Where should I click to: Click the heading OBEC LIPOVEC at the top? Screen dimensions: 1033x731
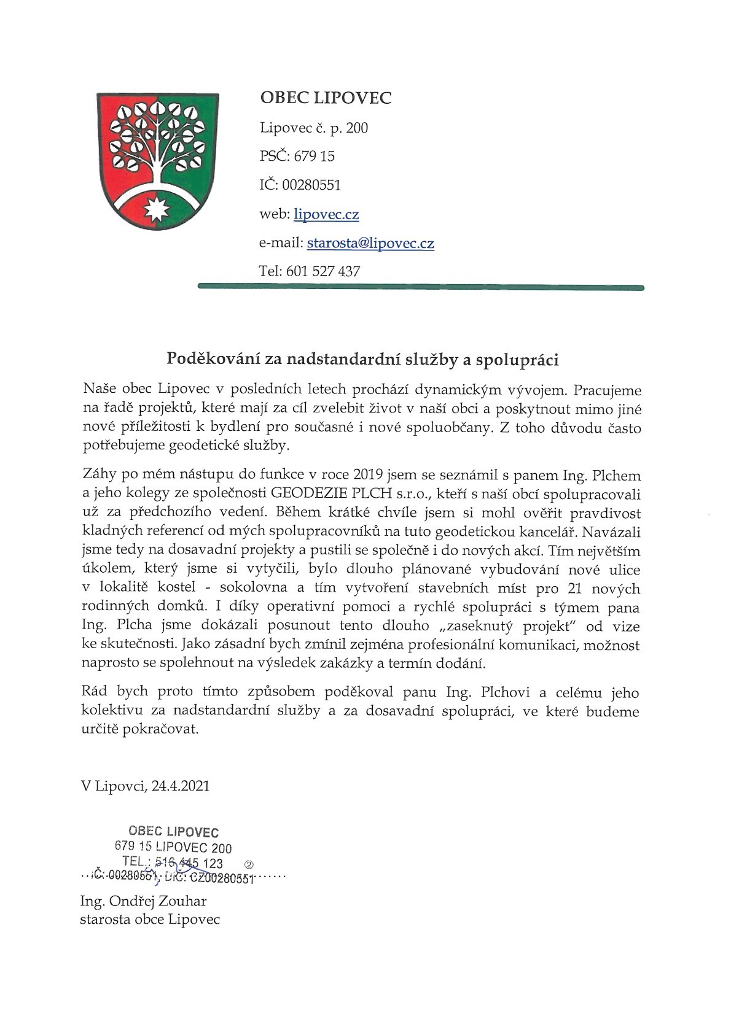326,98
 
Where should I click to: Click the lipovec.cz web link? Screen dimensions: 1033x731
326,214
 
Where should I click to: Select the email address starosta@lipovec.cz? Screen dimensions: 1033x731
370,243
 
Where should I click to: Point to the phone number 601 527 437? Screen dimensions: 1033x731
323,271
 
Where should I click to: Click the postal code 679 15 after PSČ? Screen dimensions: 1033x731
315,157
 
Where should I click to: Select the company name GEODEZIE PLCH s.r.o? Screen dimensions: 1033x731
350,494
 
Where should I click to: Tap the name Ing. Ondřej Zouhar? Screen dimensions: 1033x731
143,901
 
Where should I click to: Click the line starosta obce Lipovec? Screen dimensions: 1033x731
150,919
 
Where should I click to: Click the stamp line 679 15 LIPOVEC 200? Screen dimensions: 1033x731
173,848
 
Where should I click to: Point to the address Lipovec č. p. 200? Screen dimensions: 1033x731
314,128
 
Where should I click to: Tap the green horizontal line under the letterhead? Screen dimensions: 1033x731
421,287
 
